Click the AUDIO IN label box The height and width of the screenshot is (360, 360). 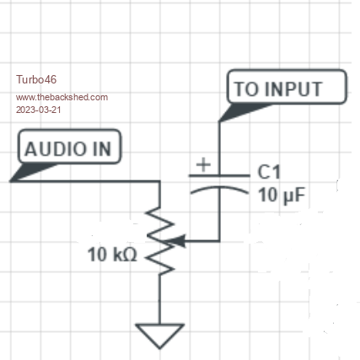69,147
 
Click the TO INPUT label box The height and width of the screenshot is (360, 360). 287,87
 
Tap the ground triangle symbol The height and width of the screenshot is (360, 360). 159,336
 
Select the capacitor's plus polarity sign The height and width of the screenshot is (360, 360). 203,164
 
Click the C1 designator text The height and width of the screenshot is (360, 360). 269,172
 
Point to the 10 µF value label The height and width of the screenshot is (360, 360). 282,195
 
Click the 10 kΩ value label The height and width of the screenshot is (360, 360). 112,255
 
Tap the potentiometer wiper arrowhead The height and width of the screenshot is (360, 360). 176,241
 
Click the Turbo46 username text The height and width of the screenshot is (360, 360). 36,79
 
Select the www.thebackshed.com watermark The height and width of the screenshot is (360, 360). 62,97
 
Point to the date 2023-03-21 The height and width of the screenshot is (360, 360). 39,110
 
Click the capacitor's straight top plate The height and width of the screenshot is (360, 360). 219,175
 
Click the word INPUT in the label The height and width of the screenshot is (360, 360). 293,89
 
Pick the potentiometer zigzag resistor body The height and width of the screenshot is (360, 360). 159,241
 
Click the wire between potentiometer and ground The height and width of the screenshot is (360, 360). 159,299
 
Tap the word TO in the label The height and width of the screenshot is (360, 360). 246,89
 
